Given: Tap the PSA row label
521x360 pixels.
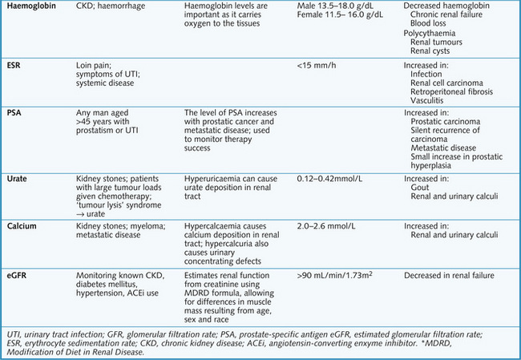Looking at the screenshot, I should pyautogui.click(x=15, y=112).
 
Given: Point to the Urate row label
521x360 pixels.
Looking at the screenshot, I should pyautogui.click(x=20, y=175).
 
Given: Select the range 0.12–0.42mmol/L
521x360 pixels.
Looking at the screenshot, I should pyautogui.click(x=335, y=175).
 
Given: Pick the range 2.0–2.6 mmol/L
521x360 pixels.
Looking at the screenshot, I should pyautogui.click(x=329, y=226).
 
